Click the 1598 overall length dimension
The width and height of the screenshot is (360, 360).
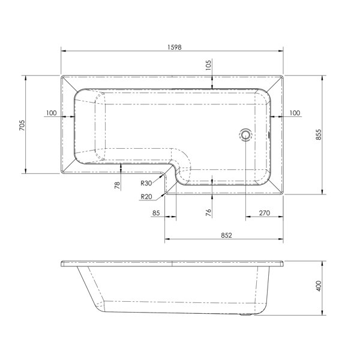click(x=174, y=47)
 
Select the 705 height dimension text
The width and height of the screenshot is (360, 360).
click(x=22, y=125)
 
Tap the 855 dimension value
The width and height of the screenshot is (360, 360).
click(x=319, y=134)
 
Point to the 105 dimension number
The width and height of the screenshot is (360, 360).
click(x=208, y=65)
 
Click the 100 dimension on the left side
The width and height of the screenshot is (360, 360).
click(x=51, y=113)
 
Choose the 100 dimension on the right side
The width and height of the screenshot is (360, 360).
click(x=295, y=113)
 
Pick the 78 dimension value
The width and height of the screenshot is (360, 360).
click(x=117, y=185)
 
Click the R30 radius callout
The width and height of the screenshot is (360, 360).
click(x=146, y=183)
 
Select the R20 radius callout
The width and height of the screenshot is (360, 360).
click(x=146, y=197)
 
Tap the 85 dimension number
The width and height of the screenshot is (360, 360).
click(x=156, y=213)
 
